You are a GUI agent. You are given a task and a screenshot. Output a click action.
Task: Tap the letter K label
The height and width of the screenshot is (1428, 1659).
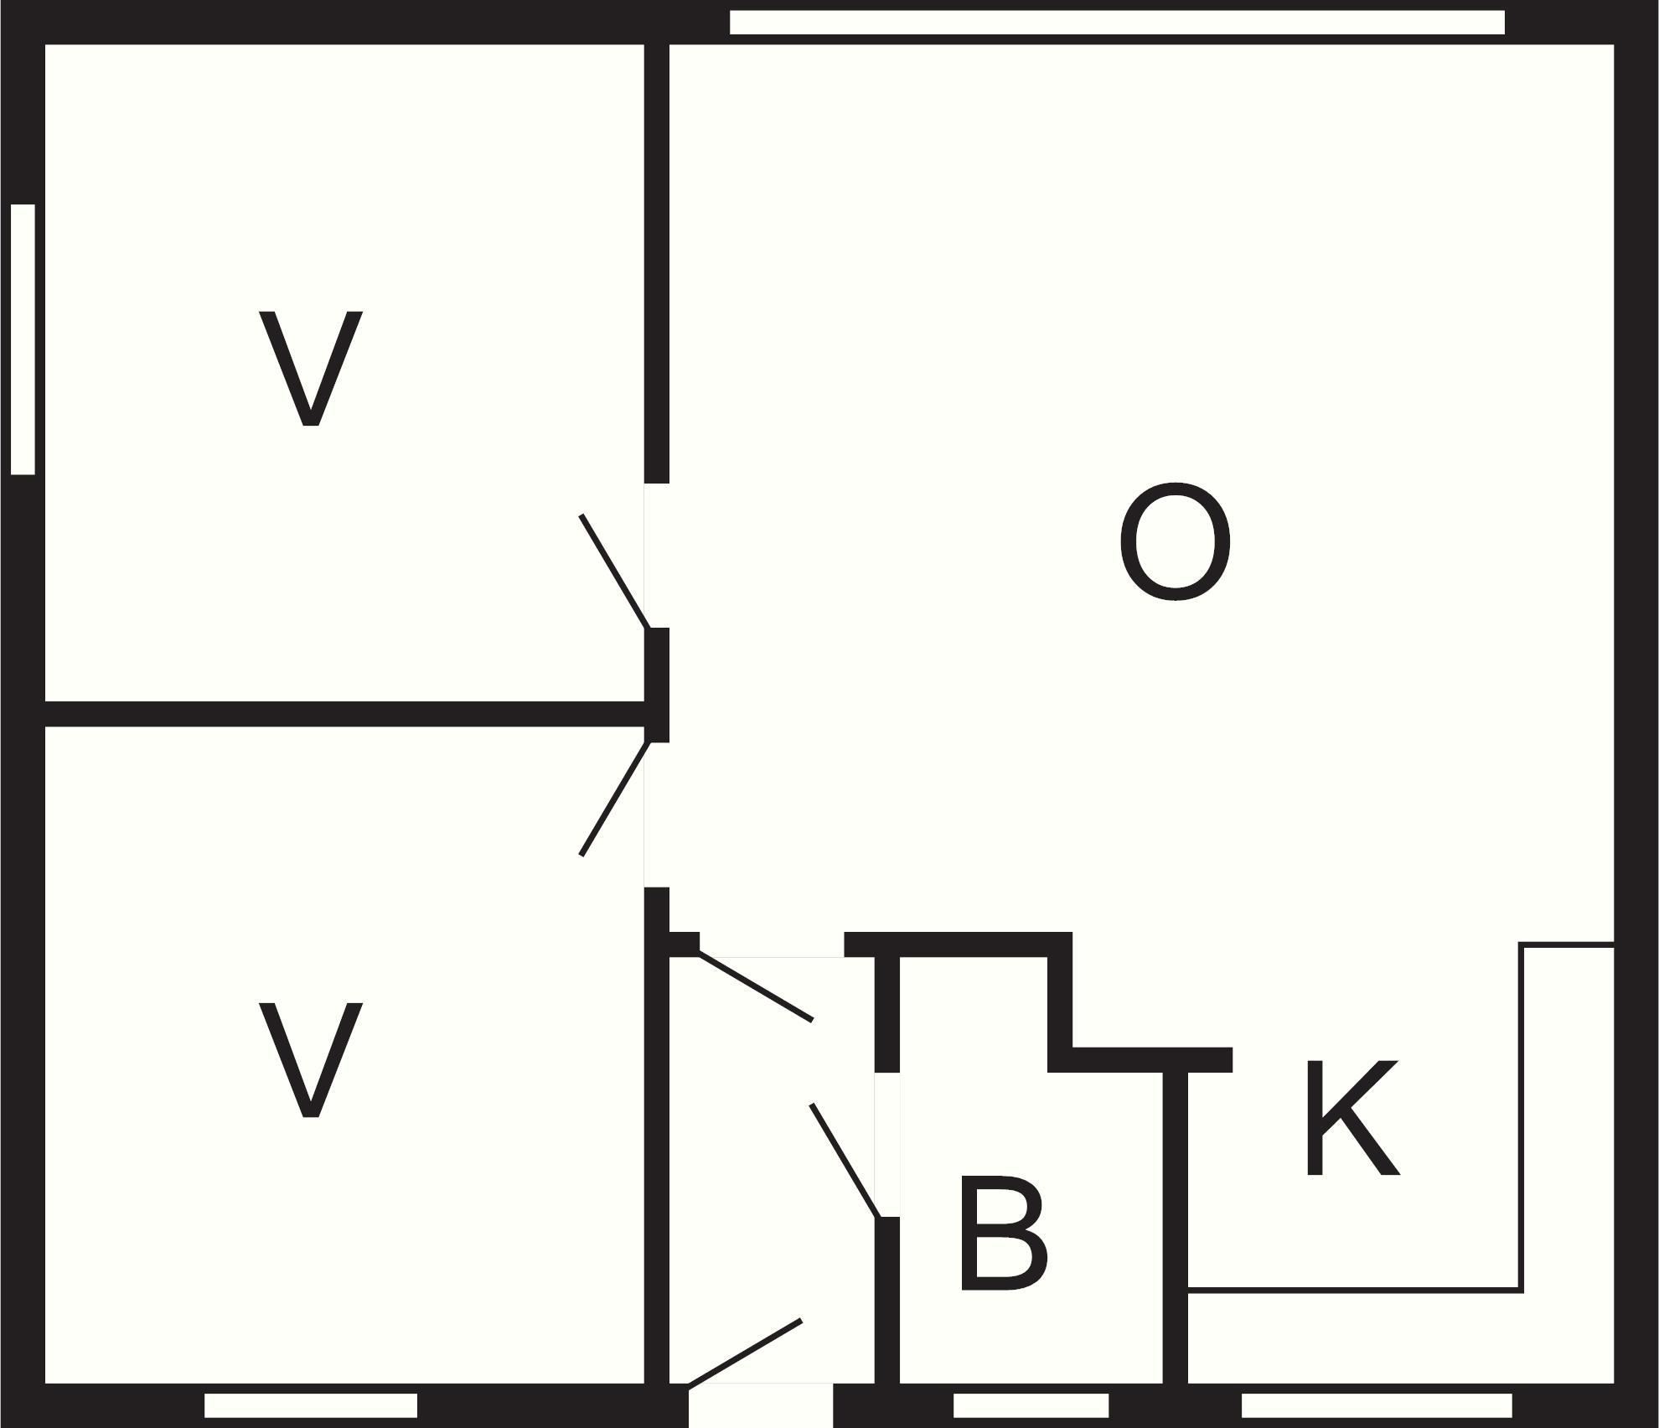point(1351,1117)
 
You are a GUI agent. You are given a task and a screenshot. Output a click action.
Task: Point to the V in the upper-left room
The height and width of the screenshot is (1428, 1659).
point(311,368)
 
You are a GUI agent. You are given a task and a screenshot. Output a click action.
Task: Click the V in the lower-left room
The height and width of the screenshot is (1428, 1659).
point(311,1060)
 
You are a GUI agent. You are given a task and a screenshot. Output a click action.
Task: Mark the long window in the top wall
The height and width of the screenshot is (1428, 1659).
point(1117,23)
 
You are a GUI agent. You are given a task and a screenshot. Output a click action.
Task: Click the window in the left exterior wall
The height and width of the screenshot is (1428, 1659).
point(23,339)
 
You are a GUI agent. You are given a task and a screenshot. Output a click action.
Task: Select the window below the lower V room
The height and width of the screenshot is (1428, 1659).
point(311,1405)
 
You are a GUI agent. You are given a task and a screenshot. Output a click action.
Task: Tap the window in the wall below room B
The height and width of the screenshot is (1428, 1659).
point(1031,1405)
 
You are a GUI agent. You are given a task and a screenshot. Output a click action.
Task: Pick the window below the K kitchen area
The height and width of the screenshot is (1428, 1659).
point(1377,1405)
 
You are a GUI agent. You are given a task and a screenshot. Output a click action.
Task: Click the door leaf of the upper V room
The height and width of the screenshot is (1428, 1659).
point(614,571)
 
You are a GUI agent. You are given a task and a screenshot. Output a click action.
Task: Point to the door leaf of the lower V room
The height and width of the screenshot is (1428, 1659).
point(614,799)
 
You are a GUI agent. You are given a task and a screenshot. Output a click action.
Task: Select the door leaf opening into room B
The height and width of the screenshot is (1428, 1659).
point(845,1161)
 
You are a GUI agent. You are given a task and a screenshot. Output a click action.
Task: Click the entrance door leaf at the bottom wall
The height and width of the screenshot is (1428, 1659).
point(745,1353)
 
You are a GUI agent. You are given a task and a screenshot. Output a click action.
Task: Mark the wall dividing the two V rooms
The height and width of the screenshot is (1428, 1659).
point(344,714)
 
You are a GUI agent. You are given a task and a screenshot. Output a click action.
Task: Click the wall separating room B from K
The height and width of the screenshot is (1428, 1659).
point(1176,1228)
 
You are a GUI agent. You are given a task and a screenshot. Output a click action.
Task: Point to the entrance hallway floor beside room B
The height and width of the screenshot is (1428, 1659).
point(771,1173)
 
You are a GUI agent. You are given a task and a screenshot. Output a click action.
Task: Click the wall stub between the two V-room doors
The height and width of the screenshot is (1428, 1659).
point(657,685)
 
